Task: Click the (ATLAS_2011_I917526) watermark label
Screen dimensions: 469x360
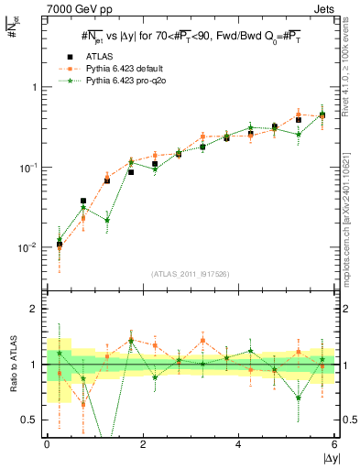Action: coord(190,274)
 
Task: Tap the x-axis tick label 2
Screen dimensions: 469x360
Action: coord(143,443)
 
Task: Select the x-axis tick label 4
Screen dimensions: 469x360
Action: coord(239,443)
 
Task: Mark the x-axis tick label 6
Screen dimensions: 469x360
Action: coord(335,443)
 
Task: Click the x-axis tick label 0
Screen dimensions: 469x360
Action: coord(47,443)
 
